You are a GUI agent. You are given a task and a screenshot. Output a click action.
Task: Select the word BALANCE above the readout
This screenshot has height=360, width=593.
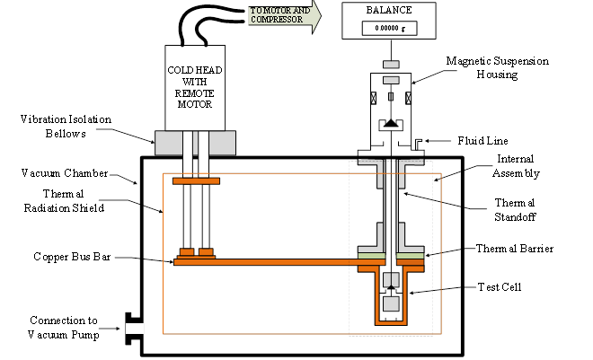point(390,12)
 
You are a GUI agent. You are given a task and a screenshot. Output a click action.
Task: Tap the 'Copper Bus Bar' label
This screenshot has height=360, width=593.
point(60,258)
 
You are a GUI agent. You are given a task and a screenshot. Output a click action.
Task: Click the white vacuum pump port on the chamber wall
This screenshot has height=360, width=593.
point(136,329)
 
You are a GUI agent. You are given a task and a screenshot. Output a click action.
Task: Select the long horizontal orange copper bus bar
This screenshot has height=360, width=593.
point(270,262)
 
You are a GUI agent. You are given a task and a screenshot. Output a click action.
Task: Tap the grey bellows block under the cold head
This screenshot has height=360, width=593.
point(196,141)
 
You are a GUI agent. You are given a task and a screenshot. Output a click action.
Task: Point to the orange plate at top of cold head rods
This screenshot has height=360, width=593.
point(196,182)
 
